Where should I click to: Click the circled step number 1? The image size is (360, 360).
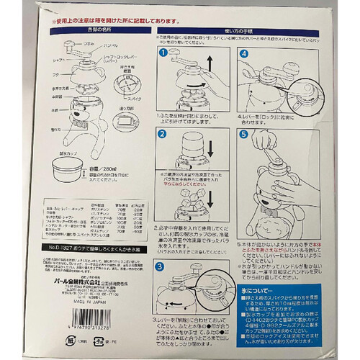(163, 53)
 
